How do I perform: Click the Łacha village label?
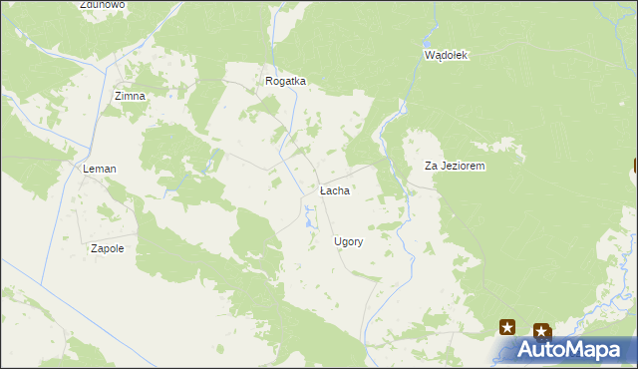click(334, 189)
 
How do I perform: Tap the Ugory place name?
click(348, 241)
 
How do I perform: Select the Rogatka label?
click(285, 82)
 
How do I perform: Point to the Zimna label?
click(130, 96)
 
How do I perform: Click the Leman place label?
click(100, 170)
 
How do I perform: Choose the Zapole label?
click(107, 248)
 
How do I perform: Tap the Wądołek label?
click(446, 55)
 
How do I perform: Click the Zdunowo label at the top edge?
click(103, 5)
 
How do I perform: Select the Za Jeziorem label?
click(455, 167)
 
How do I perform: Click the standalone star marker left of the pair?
click(507, 326)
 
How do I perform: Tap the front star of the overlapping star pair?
click(540, 331)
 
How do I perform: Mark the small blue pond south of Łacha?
click(310, 209)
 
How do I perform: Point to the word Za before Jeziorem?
click(432, 167)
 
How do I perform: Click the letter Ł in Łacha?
click(323, 189)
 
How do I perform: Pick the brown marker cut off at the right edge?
click(635, 168)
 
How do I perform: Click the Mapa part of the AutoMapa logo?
click(601, 350)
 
